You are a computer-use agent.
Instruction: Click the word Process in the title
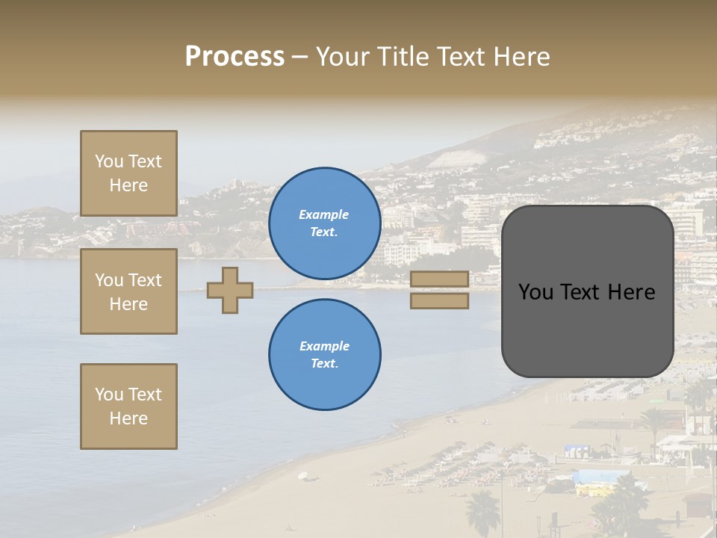pyautogui.click(x=235, y=57)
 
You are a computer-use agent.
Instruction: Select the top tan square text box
pyautogui.click(x=128, y=173)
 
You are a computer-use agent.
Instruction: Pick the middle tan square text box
pyautogui.click(x=128, y=291)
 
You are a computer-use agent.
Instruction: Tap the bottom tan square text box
pyautogui.click(x=128, y=406)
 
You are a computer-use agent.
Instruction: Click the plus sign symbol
pyautogui.click(x=230, y=290)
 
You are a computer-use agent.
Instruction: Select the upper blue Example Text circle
pyautogui.click(x=325, y=223)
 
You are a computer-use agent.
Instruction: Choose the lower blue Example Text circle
pyautogui.click(x=325, y=354)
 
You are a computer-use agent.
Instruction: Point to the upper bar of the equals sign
pyautogui.click(x=439, y=279)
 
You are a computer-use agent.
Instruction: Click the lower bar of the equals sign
pyautogui.click(x=439, y=300)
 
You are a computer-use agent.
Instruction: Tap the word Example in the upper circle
pyautogui.click(x=324, y=214)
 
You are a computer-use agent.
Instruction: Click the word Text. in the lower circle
pyautogui.click(x=324, y=364)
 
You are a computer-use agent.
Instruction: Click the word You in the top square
pyautogui.click(x=109, y=161)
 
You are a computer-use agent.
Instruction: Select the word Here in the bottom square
pyautogui.click(x=128, y=418)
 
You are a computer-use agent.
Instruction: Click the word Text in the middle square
pyautogui.click(x=144, y=280)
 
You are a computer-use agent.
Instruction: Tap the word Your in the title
pyautogui.click(x=341, y=57)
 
